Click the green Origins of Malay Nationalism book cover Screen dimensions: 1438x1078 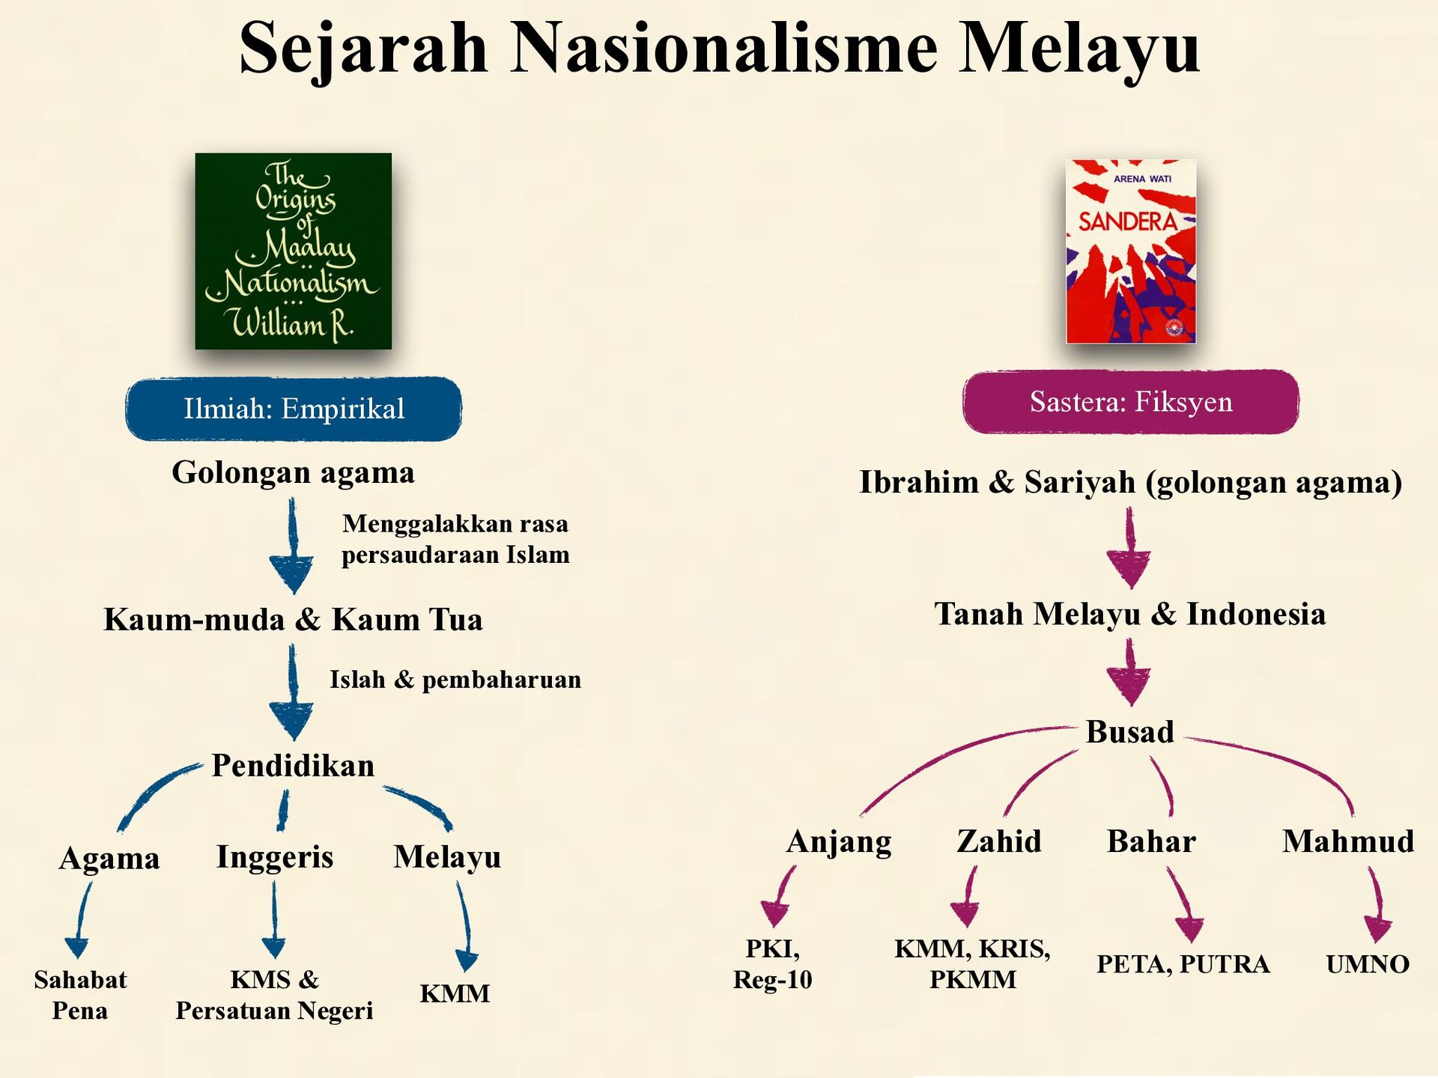(x=293, y=251)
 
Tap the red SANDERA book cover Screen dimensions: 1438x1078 (x=1131, y=252)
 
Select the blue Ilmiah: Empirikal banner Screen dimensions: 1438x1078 (x=294, y=409)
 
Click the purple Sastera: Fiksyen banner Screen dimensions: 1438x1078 (x=1131, y=402)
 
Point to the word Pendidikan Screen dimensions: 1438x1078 (x=293, y=766)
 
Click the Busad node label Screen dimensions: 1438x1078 (x=1130, y=732)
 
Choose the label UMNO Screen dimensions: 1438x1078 (x=1368, y=964)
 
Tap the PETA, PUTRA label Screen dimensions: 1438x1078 (x=1183, y=964)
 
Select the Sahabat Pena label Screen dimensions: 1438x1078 (x=80, y=995)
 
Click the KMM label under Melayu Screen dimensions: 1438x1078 (x=455, y=993)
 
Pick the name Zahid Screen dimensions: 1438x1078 (x=999, y=841)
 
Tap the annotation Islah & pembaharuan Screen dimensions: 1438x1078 (x=455, y=680)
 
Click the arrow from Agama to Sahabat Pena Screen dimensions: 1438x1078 (x=81, y=919)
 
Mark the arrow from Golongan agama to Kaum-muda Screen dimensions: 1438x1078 (x=292, y=546)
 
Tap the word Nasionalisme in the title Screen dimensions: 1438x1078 (x=723, y=47)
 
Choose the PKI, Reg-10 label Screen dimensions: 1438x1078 (x=772, y=964)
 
